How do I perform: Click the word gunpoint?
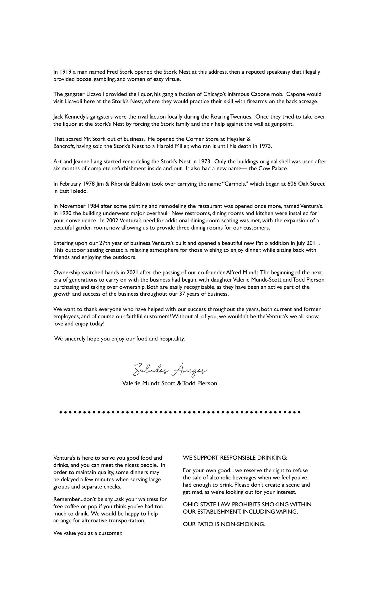click(x=282, y=124)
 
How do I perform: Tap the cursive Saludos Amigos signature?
click(x=170, y=370)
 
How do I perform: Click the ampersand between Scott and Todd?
click(x=179, y=383)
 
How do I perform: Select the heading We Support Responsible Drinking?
click(x=235, y=458)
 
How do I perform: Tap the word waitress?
click(x=148, y=499)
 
